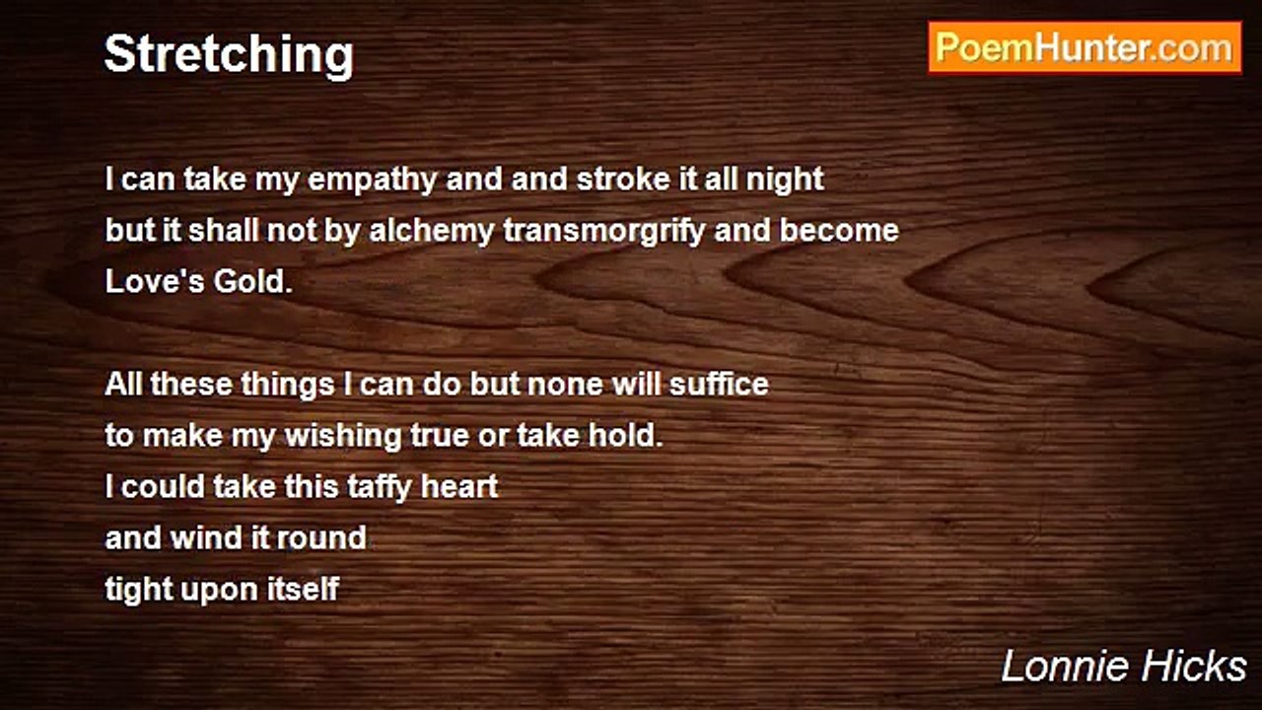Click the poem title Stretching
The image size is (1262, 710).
(230, 55)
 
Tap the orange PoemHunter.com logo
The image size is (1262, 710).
(1085, 47)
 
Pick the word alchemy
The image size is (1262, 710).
(432, 232)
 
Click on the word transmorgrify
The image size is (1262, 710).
(604, 232)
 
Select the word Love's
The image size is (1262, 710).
(155, 281)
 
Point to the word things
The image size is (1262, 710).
(288, 385)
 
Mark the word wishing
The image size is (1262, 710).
(344, 436)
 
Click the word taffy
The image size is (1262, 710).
(380, 487)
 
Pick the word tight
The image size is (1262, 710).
(139, 590)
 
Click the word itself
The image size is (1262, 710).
(303, 589)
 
